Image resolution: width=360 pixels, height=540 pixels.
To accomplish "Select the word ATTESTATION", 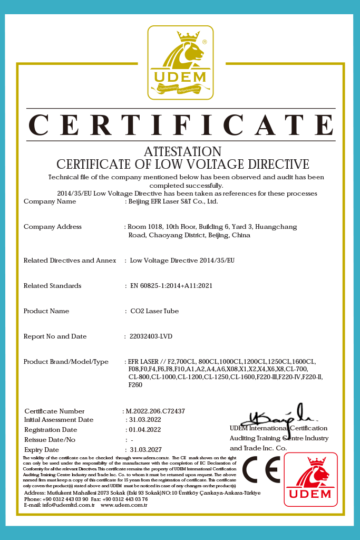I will [x=182, y=152].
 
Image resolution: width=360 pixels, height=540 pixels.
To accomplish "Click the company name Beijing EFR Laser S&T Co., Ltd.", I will [x=173, y=201].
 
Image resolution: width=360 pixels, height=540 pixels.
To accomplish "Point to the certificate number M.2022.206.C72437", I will [x=155, y=411].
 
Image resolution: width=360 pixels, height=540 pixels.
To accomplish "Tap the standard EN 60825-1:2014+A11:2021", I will [x=171, y=286].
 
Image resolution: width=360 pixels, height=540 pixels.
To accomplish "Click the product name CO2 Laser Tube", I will [x=154, y=311].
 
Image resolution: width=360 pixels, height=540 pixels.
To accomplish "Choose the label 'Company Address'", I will [x=53, y=227].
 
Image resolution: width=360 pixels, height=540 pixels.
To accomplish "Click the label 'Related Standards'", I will [x=52, y=286].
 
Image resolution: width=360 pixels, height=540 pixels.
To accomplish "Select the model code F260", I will [x=135, y=385].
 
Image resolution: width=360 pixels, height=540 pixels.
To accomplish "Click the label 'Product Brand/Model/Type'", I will [x=66, y=362].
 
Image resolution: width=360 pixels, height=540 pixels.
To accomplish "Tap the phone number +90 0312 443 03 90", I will [x=66, y=499].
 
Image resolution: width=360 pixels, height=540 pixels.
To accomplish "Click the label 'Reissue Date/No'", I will [x=50, y=439].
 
